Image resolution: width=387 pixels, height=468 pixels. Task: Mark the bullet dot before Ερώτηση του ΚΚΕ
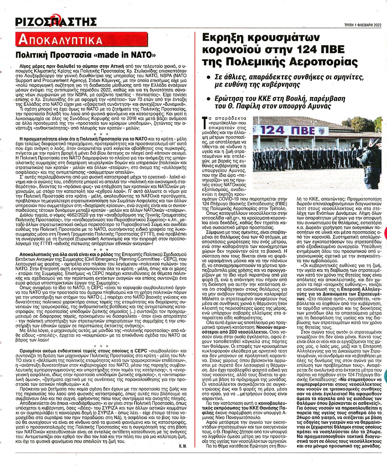208,100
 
